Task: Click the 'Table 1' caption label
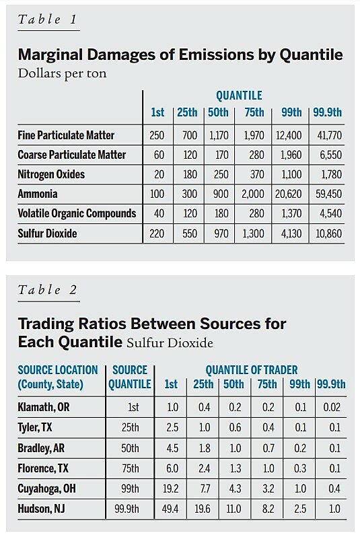tap(48, 20)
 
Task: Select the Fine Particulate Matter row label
tap(66, 135)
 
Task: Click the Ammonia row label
tap(38, 194)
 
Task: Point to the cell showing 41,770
tap(328, 135)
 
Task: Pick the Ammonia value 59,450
tap(328, 194)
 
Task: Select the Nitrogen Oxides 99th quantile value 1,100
tap(289, 174)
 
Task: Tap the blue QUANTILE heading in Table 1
tap(239, 96)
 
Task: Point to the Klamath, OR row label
tap(46, 408)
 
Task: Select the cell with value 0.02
tap(331, 408)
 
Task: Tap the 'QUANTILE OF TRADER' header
tap(251, 370)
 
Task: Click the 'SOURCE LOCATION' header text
tap(58, 370)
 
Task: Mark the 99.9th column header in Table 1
tap(328, 112)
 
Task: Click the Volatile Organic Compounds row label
tap(77, 213)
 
